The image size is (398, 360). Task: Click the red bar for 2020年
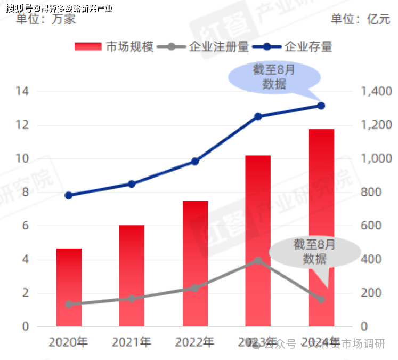click(69, 287)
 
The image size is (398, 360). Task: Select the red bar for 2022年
click(195, 263)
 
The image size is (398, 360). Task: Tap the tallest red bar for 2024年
click(321, 228)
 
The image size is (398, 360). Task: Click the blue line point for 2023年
click(258, 116)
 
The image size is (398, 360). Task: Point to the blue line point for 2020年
click(69, 195)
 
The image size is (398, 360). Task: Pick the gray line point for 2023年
click(258, 261)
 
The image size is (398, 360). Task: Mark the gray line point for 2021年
click(132, 299)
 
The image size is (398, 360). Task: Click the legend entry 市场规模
click(115, 47)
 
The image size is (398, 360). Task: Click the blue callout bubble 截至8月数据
click(274, 77)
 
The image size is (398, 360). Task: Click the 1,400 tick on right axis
click(376, 92)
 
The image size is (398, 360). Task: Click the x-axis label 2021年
click(132, 342)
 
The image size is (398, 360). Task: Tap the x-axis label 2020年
click(69, 342)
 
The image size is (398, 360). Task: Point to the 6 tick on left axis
click(25, 226)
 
